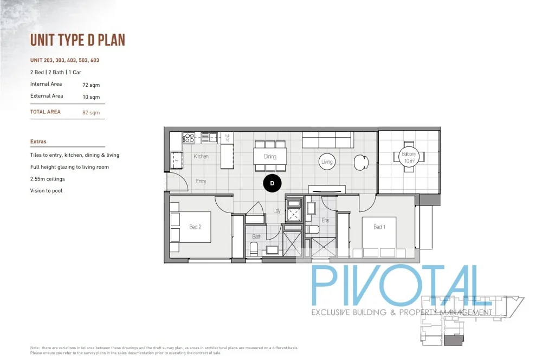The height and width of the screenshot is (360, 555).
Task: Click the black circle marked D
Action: pos(272,184)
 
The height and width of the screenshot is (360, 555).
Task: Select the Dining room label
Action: pos(270,157)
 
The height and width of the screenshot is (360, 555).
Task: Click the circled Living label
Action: pos(327,162)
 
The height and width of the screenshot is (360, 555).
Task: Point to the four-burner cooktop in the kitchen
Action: pos(189,137)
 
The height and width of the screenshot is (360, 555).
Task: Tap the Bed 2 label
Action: pos(195,227)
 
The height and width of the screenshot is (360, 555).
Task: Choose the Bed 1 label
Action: pos(379,227)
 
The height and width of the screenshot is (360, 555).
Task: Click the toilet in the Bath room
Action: pos(253,249)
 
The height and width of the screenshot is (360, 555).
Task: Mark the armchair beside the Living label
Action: pos(360,161)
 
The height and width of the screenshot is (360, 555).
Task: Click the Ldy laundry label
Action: pos(276,210)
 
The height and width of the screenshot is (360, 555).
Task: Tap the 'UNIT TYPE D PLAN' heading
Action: pos(78,41)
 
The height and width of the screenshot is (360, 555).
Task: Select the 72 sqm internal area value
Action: pos(91,85)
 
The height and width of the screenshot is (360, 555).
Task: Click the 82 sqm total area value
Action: pos(91,113)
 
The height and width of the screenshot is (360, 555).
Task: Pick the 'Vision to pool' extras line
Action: pos(46,191)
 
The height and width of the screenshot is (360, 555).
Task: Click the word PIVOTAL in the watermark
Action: pos(395,286)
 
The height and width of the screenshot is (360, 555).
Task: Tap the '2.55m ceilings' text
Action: pos(48,179)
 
